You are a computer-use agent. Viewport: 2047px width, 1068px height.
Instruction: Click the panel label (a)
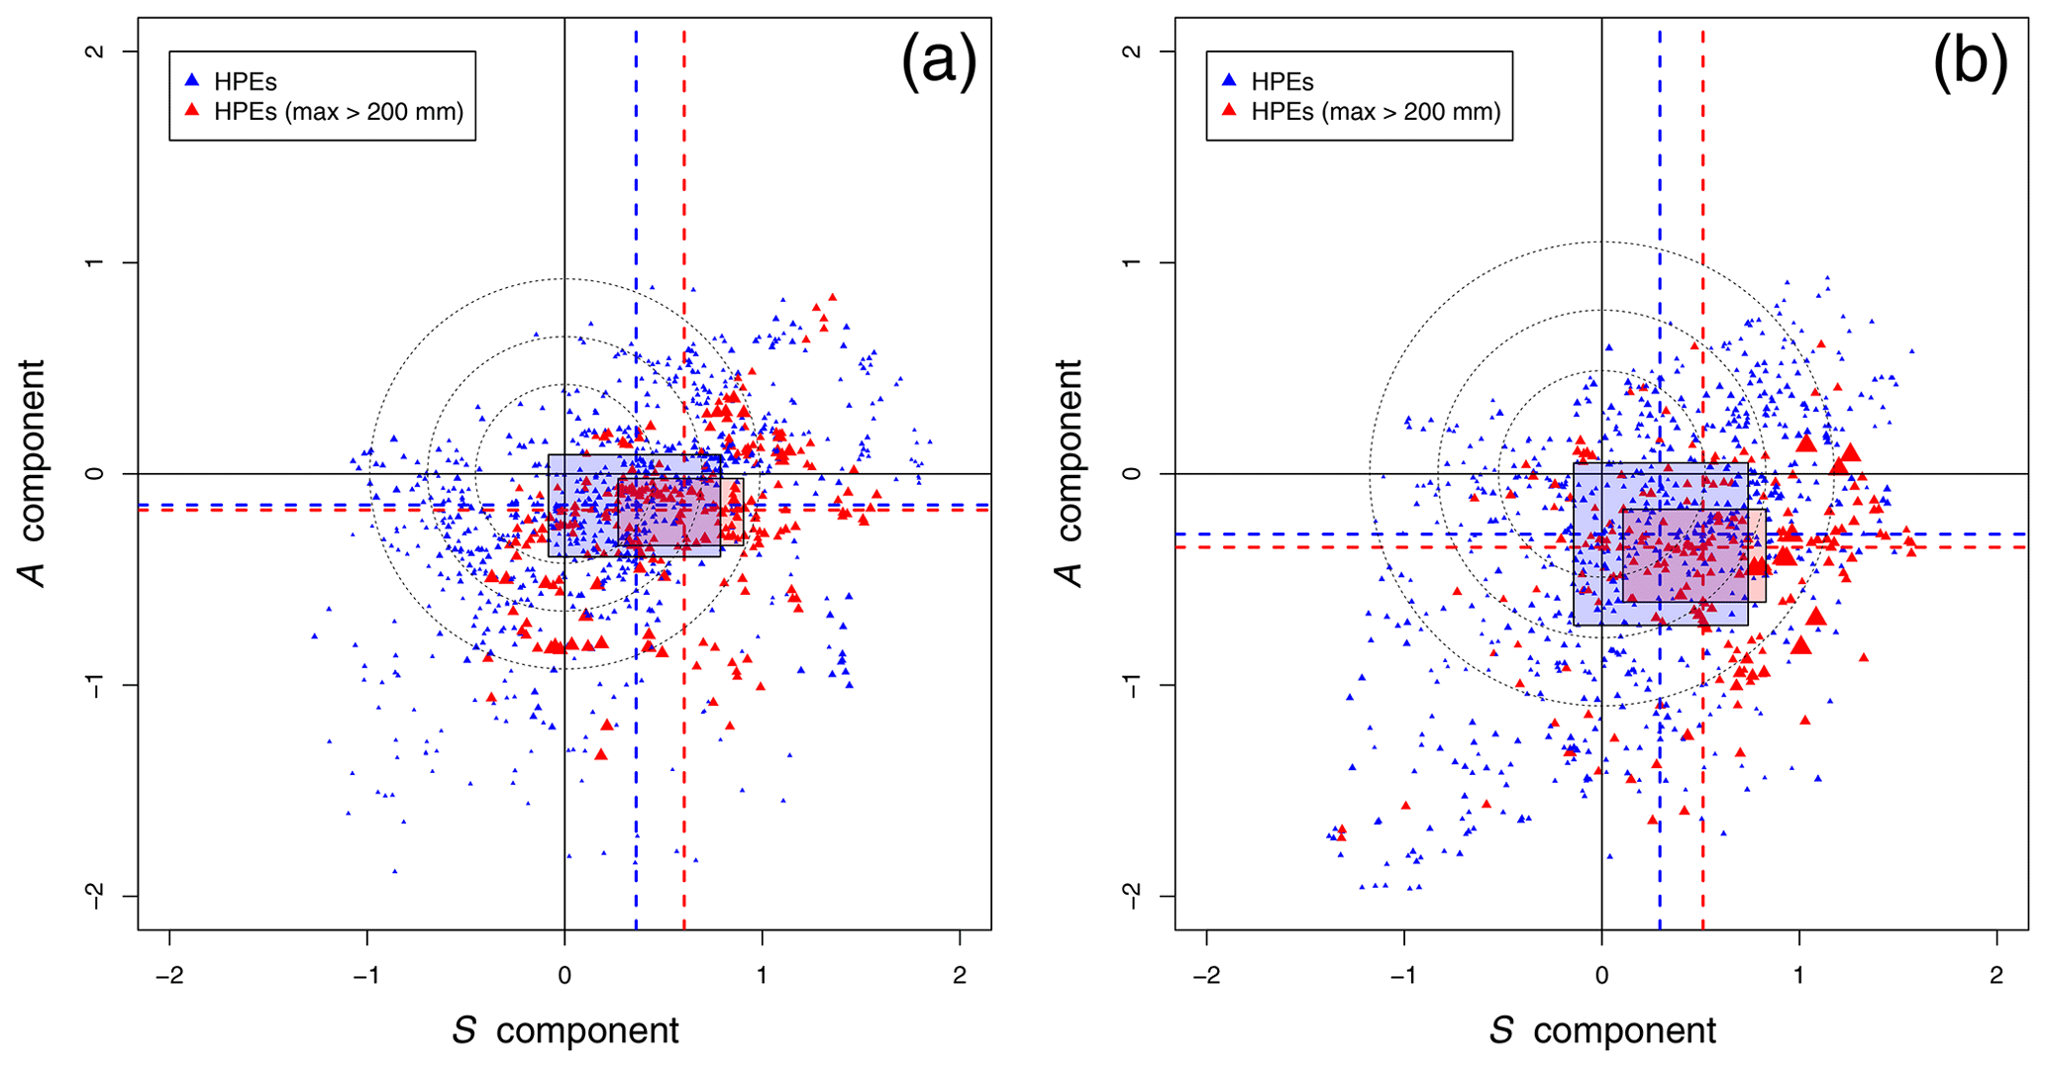pyautogui.click(x=937, y=61)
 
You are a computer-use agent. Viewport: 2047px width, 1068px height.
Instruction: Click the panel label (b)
pyautogui.click(x=1970, y=61)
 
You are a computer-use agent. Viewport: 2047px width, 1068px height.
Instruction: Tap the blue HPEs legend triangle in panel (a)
pyautogui.click(x=193, y=79)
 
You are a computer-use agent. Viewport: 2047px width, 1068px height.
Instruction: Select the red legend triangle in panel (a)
pyautogui.click(x=193, y=109)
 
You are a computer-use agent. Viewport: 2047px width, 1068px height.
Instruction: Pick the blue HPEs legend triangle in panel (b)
pyautogui.click(x=1230, y=79)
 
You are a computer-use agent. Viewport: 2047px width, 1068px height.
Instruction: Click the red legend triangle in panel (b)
pyautogui.click(x=1230, y=109)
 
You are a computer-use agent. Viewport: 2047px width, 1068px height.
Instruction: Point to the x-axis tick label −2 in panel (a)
pyautogui.click(x=169, y=976)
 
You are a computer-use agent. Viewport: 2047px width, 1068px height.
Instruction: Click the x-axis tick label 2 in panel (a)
pyautogui.click(x=960, y=976)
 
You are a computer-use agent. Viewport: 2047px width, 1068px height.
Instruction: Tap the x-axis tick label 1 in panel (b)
pyautogui.click(x=1799, y=976)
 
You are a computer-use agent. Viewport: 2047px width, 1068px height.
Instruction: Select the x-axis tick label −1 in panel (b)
pyautogui.click(x=1403, y=976)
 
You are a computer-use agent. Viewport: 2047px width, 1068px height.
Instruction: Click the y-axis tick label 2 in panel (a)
pyautogui.click(x=96, y=51)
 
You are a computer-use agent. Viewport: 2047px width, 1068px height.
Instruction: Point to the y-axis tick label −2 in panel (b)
pyautogui.click(x=1132, y=896)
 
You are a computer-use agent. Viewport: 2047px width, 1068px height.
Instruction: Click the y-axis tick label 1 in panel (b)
pyautogui.click(x=1132, y=262)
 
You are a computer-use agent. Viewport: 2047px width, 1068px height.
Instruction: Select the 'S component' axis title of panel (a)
pyautogui.click(x=565, y=1031)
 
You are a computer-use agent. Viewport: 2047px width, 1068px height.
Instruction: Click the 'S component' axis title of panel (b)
pyautogui.click(x=1602, y=1031)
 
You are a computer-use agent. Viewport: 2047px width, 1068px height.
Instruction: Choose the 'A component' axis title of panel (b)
pyautogui.click(x=1071, y=473)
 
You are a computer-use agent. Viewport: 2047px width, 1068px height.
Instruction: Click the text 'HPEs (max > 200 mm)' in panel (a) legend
pyautogui.click(x=339, y=112)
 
